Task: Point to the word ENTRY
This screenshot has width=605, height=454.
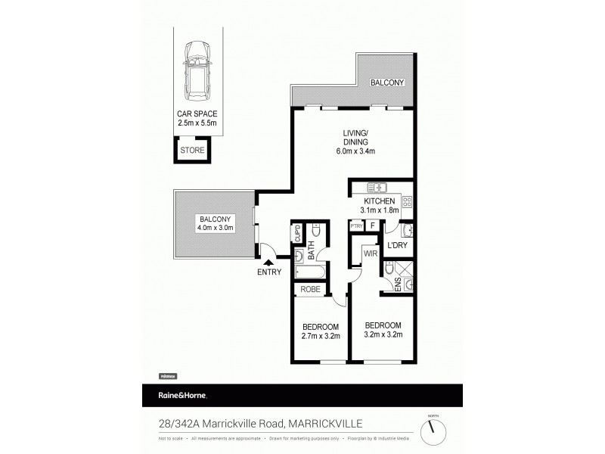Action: pos(268,272)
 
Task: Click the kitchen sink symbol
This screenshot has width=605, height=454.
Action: pos(377,187)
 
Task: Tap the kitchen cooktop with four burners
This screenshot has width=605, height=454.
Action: pos(406,201)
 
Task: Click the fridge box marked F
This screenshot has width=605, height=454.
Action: pos(373,225)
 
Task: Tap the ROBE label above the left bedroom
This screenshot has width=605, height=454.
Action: pos(310,289)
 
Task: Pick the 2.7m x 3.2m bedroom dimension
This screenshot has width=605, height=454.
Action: pos(320,335)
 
